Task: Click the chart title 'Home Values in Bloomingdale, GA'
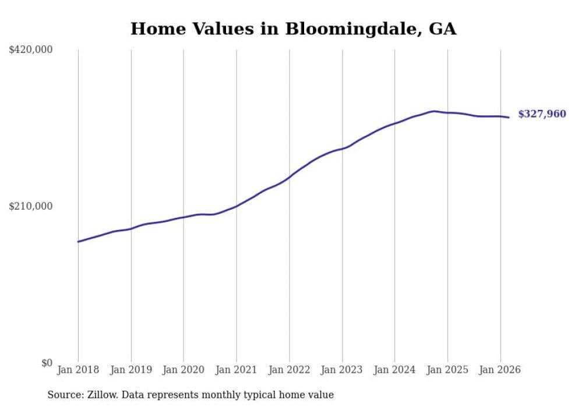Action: [x=293, y=29]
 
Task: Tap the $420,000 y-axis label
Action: [x=31, y=50]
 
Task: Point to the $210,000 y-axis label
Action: [x=31, y=206]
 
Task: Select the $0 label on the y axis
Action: [x=47, y=363]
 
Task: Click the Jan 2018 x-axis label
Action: [x=78, y=370]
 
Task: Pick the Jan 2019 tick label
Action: [x=131, y=370]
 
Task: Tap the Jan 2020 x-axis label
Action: [x=184, y=370]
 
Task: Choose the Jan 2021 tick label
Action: [x=236, y=370]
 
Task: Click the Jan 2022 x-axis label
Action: [x=289, y=370]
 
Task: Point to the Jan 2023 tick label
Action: [x=341, y=370]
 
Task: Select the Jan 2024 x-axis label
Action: [x=394, y=370]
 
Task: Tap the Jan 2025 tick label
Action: [x=447, y=370]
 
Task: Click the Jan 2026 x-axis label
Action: [x=500, y=370]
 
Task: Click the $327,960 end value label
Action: [x=542, y=114]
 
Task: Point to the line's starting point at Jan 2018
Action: [x=78, y=242]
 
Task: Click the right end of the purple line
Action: [x=509, y=118]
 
